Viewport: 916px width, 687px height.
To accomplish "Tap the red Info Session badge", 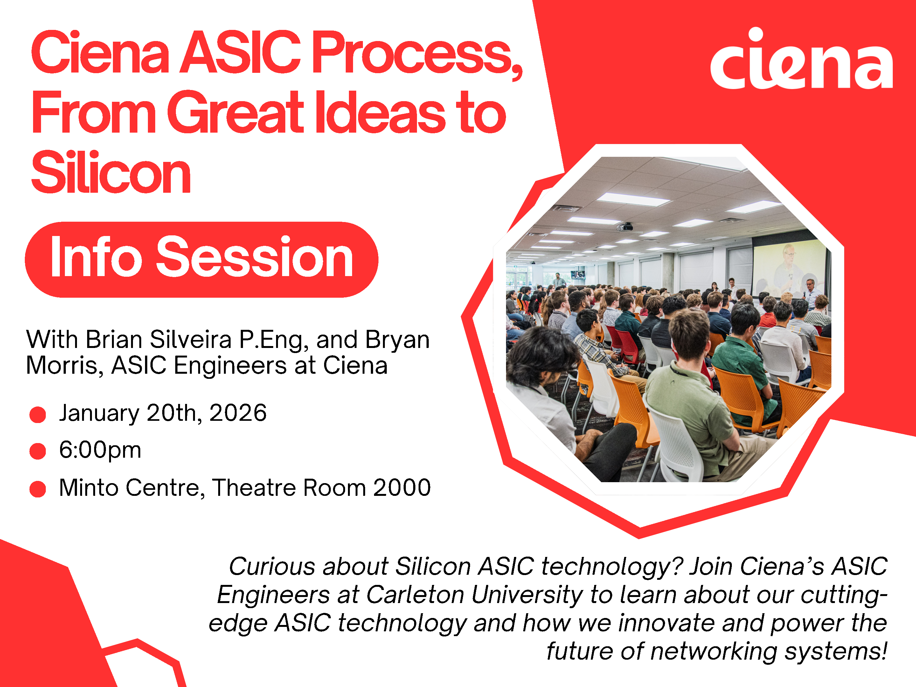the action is point(202,260).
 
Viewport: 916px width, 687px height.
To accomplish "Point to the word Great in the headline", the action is point(236,112).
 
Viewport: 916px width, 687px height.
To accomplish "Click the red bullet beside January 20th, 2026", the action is point(38,414).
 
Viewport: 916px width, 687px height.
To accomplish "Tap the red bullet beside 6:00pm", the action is point(38,451).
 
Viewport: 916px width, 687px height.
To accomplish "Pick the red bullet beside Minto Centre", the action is point(38,489).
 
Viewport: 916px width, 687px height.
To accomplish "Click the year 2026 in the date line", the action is point(238,413).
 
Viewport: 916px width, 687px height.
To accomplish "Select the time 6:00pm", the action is point(100,450).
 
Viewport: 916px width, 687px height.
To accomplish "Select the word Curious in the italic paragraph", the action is point(273,566).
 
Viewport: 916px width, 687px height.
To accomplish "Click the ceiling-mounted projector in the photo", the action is point(625,226).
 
